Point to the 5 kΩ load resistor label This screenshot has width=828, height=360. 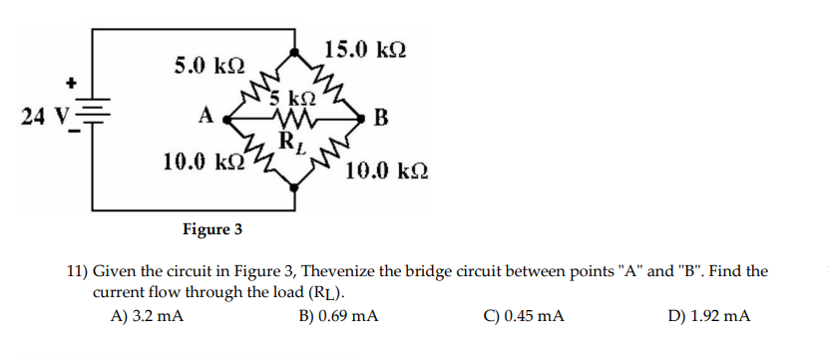pos(295,98)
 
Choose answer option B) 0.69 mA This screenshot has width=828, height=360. pos(338,316)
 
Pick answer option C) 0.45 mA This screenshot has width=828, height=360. pos(524,316)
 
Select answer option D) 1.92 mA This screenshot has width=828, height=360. pos(710,316)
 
